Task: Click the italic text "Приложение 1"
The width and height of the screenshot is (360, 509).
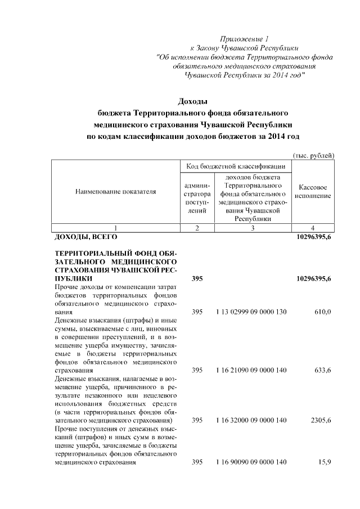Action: click(x=244, y=39)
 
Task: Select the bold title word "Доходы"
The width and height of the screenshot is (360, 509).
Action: click(x=193, y=101)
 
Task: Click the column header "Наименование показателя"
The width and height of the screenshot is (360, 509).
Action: click(x=115, y=192)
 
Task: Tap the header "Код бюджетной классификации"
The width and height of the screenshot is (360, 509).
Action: click(x=236, y=166)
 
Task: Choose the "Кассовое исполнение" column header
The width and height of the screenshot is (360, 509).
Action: click(x=314, y=191)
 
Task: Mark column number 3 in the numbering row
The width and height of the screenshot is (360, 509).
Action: click(x=253, y=228)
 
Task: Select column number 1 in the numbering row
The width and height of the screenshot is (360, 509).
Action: click(x=115, y=228)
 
